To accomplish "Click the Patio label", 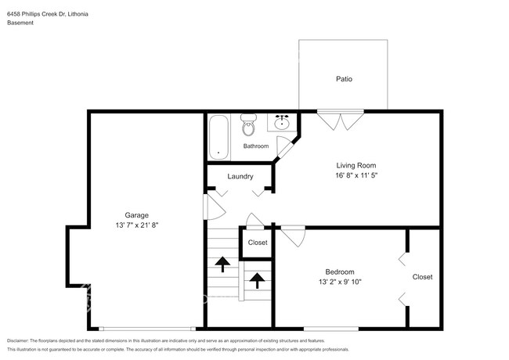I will tap(343, 79).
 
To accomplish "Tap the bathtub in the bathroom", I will tap(219, 136).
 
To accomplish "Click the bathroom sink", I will tap(282, 123).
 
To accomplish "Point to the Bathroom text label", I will tap(255, 146).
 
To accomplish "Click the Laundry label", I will tap(240, 176).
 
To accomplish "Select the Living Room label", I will tap(356, 165).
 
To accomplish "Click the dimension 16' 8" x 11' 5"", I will tap(356, 176).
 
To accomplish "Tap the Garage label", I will tap(137, 214).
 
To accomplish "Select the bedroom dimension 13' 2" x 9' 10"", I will tap(340, 282).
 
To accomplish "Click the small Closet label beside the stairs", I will tap(257, 243).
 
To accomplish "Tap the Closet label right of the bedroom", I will tap(422, 277).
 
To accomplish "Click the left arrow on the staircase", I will tap(222, 265).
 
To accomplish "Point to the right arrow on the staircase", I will tap(254, 279).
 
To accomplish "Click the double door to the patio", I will tap(341, 121).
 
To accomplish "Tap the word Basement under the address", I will tap(20, 23).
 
